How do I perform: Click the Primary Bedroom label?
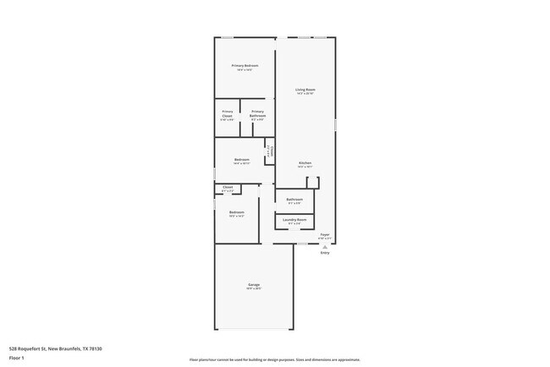point(245,65)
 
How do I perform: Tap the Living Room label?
point(305,89)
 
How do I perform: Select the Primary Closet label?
point(228,113)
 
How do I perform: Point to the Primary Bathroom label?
point(257,113)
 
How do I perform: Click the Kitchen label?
point(305,162)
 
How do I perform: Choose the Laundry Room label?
point(294,220)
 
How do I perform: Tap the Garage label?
point(254,284)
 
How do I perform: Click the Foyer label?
point(324,234)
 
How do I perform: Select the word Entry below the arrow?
point(324,253)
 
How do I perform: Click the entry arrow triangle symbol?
point(324,246)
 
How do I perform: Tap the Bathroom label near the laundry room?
point(294,200)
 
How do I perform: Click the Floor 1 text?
point(17,358)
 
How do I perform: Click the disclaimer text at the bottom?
point(275,359)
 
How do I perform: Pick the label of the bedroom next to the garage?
point(237,211)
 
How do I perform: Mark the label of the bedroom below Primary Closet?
point(241,160)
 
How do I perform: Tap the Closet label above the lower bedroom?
point(228,187)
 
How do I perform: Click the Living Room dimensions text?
point(305,93)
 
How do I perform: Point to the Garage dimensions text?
point(254,288)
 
